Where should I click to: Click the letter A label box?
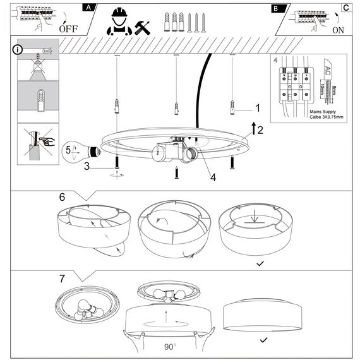click(x=90, y=8)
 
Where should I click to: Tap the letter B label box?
click(x=276, y=9)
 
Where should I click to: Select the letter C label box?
click(x=345, y=8)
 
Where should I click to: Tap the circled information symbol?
click(x=18, y=49)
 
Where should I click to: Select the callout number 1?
click(x=257, y=108)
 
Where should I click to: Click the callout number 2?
click(x=260, y=131)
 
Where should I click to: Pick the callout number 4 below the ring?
click(x=213, y=177)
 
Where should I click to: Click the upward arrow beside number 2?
click(x=252, y=129)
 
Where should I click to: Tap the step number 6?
click(x=62, y=196)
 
